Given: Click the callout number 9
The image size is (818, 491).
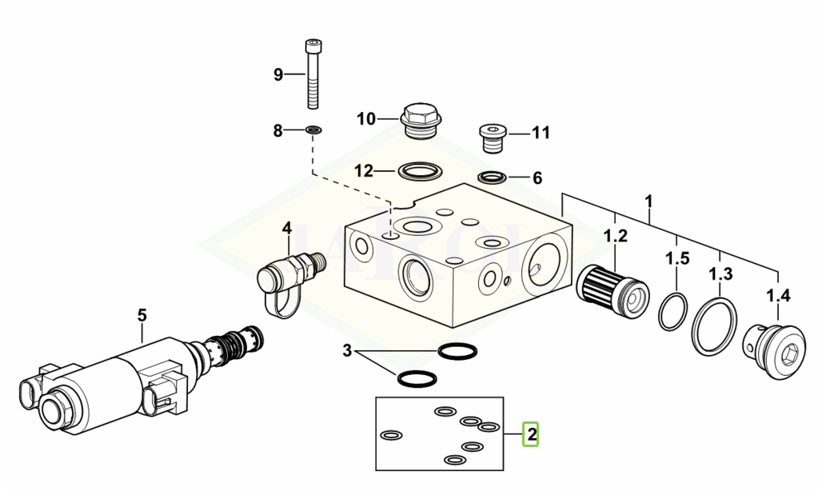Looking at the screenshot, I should tap(278, 75).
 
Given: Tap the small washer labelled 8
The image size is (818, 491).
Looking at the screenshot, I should tap(313, 129).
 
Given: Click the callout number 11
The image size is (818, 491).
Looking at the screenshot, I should tap(541, 133).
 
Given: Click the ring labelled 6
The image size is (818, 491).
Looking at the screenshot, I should tap(492, 177).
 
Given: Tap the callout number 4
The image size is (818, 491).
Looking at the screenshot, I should tap(287, 230).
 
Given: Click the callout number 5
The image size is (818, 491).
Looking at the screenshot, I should tap(142, 315).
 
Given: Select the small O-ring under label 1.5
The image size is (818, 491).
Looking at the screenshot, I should tap(673, 311).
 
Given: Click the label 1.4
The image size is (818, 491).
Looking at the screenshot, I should tap(778, 297).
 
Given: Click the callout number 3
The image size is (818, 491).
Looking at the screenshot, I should tap(346, 350).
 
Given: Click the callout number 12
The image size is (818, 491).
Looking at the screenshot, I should tap(364, 171).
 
